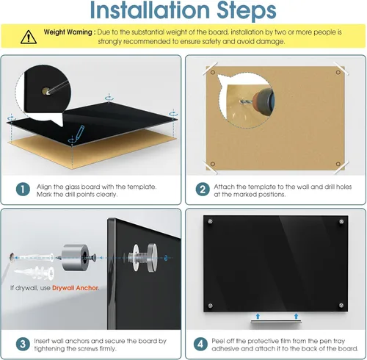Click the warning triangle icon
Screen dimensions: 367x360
[x=29, y=37]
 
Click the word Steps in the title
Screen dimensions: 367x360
[x=247, y=11]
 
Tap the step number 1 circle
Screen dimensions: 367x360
[x=23, y=190]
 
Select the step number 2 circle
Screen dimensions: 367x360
[x=203, y=190]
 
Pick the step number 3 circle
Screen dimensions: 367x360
[x=23, y=344]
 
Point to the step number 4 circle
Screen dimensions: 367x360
[x=200, y=344]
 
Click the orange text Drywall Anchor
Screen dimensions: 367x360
[x=76, y=288]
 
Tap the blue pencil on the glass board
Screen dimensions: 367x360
[x=79, y=133]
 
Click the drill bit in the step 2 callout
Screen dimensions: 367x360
[x=244, y=101]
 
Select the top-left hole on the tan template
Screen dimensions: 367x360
[x=213, y=72]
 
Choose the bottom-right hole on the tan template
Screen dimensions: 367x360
[x=338, y=164]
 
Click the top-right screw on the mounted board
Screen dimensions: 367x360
[x=341, y=222]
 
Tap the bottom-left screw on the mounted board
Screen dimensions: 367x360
[x=210, y=306]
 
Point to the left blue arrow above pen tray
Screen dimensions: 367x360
[x=258, y=316]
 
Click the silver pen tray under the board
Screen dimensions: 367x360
[x=276, y=322]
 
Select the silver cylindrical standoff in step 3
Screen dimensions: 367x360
[x=74, y=257]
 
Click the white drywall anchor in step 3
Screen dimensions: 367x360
[x=35, y=273]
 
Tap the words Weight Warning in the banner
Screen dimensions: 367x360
[x=68, y=32]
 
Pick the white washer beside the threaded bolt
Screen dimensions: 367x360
[x=136, y=257]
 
